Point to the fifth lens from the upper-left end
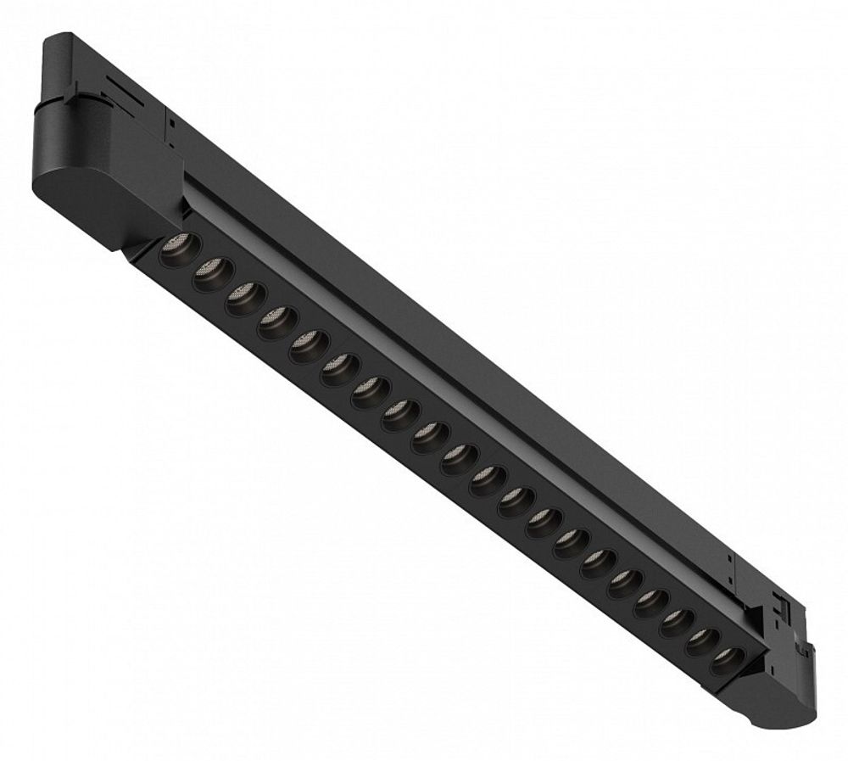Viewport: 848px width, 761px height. tap(306, 344)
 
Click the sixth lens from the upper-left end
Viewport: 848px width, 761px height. tap(337, 367)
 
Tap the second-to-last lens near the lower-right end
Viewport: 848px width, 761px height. tap(701, 637)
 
